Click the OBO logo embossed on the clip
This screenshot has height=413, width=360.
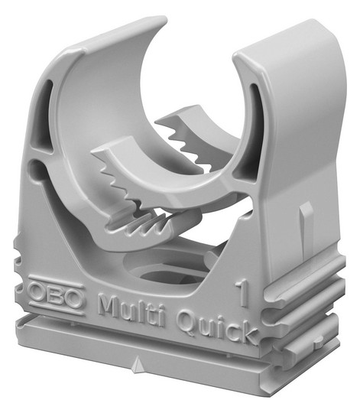click(x=57, y=294)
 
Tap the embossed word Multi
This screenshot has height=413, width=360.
click(x=131, y=310)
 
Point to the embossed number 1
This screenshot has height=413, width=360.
click(x=242, y=294)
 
